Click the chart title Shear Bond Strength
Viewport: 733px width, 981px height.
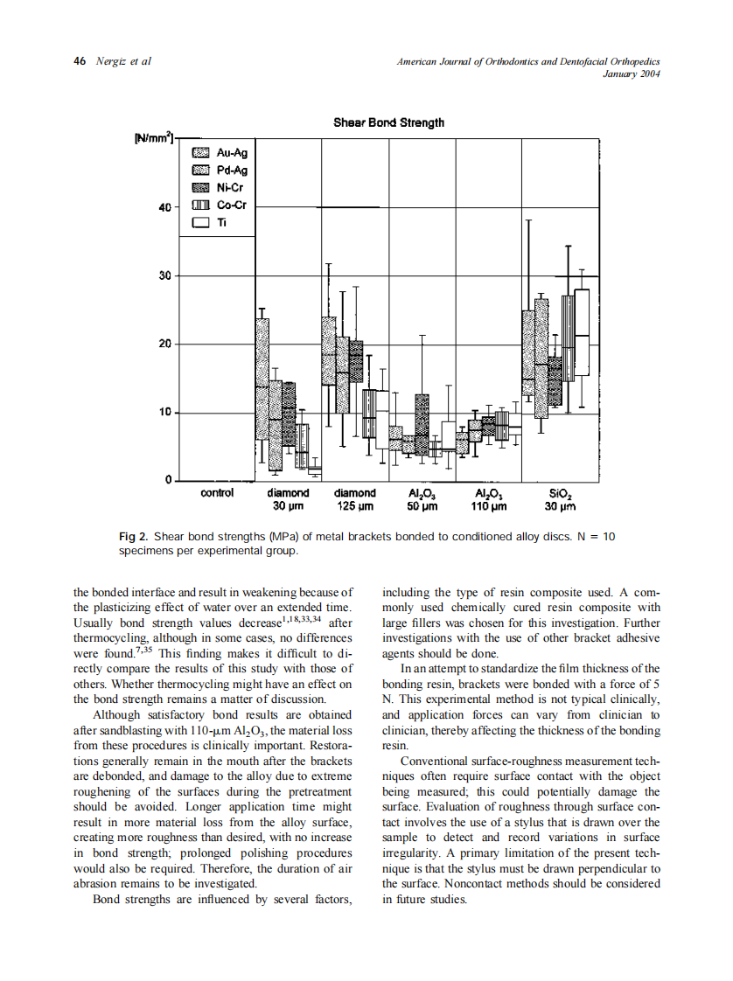[388, 122]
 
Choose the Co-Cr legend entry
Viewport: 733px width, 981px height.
[220, 205]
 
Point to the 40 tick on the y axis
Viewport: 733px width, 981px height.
[164, 208]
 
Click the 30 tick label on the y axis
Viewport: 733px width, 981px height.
[164, 276]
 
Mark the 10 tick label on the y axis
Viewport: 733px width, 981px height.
[164, 412]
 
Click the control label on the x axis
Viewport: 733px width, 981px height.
[217, 493]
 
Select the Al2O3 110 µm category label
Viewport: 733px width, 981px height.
[488, 499]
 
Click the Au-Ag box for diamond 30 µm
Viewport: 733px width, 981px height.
[262, 378]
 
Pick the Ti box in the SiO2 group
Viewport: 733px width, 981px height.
[582, 332]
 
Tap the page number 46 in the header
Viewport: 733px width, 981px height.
[80, 61]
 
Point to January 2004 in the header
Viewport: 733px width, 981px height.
[632, 73]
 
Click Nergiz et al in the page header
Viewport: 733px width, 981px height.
[122, 61]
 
